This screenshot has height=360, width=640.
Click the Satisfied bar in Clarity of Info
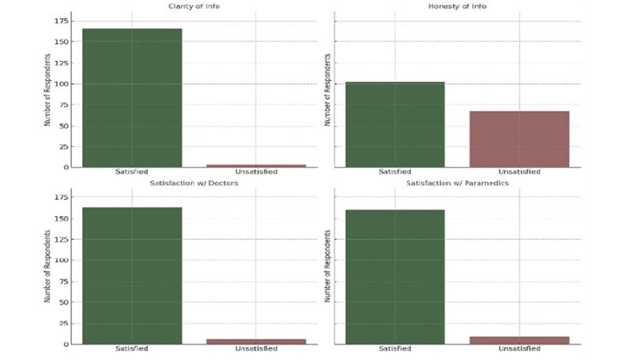click(x=132, y=97)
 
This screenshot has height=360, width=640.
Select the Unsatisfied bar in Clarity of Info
click(x=256, y=165)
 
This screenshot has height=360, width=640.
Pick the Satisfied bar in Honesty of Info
click(x=395, y=124)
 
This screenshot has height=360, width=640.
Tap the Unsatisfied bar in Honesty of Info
click(x=519, y=139)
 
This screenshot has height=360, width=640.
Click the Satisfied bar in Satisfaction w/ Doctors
click(x=132, y=275)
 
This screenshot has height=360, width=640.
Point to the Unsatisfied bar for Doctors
click(x=256, y=341)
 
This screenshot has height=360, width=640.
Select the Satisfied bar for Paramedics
click(x=395, y=277)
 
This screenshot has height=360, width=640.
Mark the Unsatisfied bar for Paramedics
click(x=519, y=340)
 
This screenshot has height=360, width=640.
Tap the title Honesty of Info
click(x=457, y=7)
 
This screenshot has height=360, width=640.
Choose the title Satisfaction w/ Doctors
click(x=193, y=183)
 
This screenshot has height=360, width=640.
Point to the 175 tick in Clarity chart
click(x=62, y=21)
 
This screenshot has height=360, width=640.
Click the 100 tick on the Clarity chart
click(x=62, y=84)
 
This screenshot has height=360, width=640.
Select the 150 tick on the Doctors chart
click(x=62, y=218)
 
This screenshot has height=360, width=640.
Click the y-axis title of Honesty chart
click(x=327, y=90)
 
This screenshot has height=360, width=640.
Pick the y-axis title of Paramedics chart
click(x=327, y=267)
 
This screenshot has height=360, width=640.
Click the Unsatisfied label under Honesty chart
click(x=519, y=172)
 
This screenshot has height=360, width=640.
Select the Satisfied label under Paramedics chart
click(x=395, y=349)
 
